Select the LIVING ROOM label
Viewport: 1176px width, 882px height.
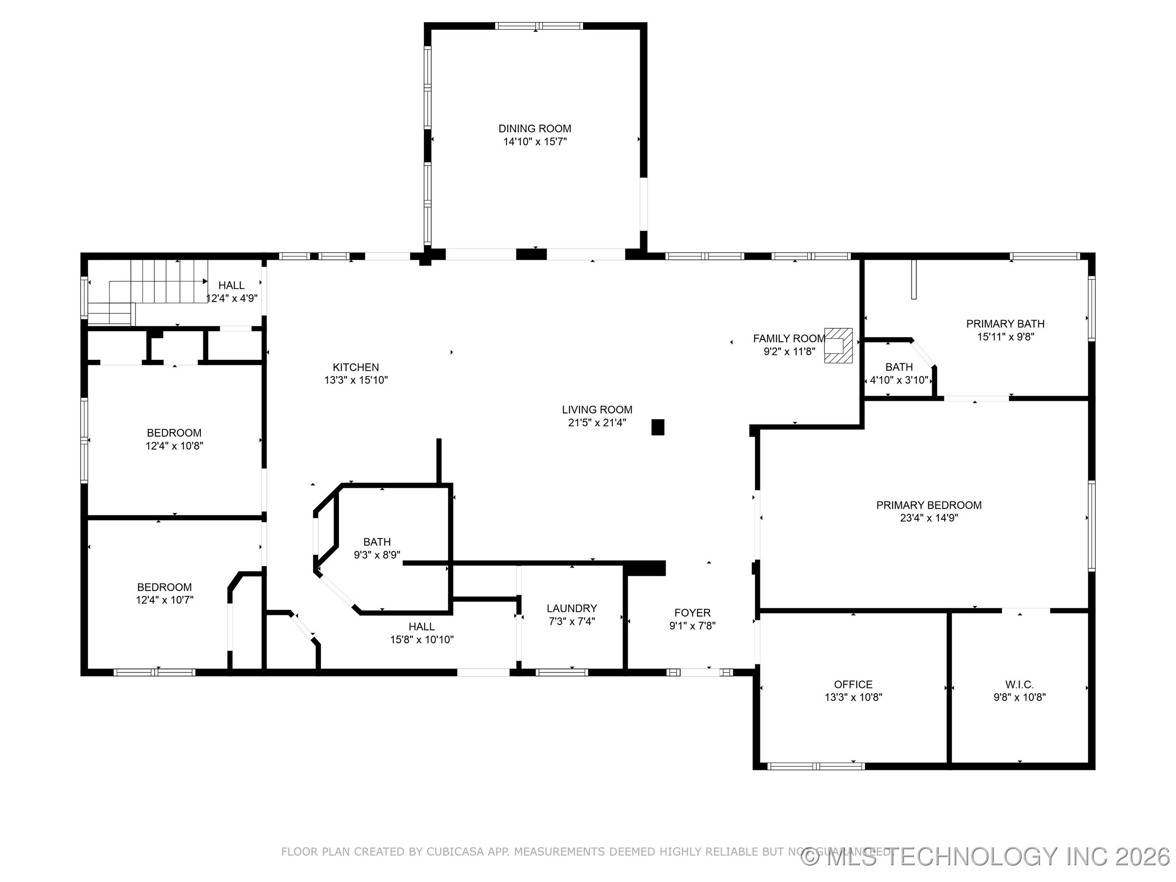coord(597,410)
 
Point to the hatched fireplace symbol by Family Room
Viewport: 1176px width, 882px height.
coord(838,345)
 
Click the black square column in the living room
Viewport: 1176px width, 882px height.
coord(658,428)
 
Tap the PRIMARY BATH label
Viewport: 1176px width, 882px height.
coord(1005,324)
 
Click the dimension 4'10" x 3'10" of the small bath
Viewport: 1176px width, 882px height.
coord(898,380)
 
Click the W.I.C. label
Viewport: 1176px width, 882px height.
coord(1019,685)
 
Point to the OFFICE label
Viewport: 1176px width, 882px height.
coord(853,685)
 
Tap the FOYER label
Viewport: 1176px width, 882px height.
coord(692,613)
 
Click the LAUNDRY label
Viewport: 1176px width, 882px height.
coord(572,608)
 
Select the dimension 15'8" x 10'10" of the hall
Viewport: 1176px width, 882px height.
coord(421,639)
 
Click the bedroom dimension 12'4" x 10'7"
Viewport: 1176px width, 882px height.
coord(164,600)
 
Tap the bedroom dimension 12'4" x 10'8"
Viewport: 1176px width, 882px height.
coord(174,446)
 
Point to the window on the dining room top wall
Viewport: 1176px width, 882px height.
coord(539,25)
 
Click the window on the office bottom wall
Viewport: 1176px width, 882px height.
coord(816,766)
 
